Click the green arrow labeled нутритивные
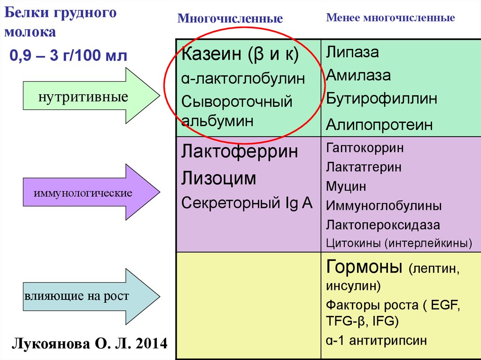(89, 96)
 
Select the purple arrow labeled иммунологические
(89, 192)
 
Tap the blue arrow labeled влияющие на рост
(89, 296)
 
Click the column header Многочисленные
(230, 19)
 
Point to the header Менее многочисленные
(390, 18)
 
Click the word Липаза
(353, 52)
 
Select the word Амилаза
(359, 75)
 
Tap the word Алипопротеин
(380, 125)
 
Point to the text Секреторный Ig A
(247, 203)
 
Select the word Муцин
(346, 186)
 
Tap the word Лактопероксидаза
(383, 225)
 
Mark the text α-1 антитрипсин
(377, 340)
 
